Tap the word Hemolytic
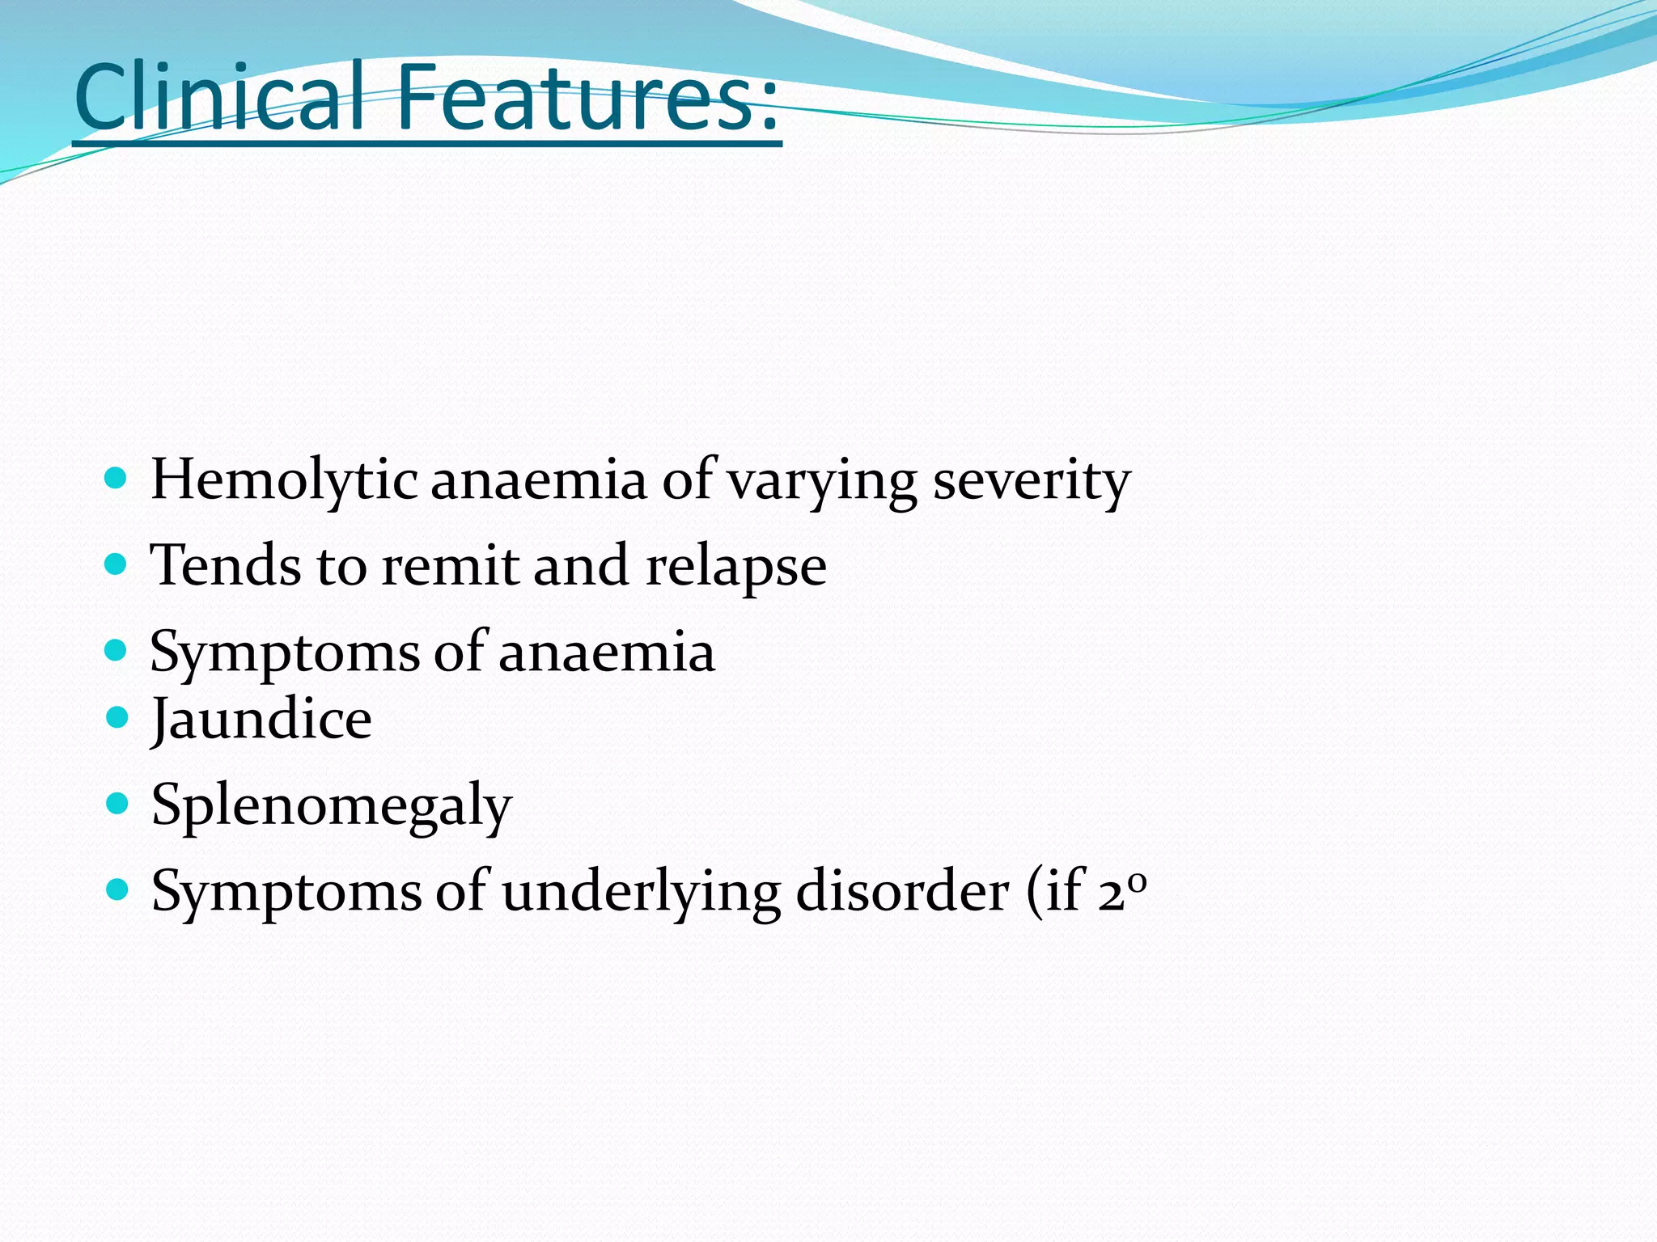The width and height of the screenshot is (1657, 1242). click(x=284, y=480)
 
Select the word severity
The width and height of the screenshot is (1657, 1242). click(x=1032, y=480)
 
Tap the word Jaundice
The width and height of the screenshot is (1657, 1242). click(x=261, y=720)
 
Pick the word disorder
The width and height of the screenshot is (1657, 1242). click(x=902, y=891)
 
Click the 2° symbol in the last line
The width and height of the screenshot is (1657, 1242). click(x=1123, y=891)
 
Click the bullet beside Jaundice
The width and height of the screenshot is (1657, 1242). click(x=118, y=716)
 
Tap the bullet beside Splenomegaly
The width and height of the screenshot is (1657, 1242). click(x=118, y=803)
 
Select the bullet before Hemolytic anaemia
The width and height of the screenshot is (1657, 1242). click(x=117, y=479)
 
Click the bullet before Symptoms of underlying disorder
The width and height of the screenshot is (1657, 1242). click(x=118, y=889)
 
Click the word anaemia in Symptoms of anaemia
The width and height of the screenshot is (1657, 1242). click(x=607, y=652)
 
